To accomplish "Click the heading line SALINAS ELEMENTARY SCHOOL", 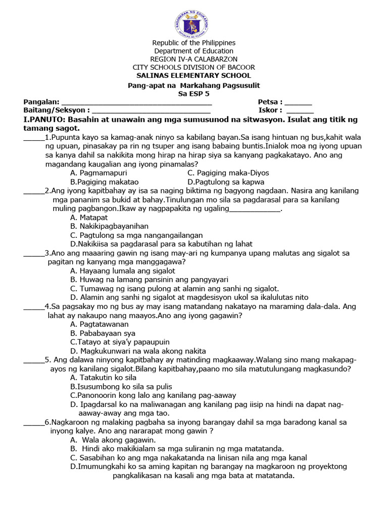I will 193,75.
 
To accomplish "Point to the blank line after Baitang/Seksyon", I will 152,111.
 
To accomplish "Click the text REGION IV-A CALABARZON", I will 193,59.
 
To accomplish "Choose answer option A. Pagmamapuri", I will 99,173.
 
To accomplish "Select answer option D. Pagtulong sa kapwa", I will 225,182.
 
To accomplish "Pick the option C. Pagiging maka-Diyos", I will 228,173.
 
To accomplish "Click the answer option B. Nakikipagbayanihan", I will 110,226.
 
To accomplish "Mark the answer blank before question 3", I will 34,254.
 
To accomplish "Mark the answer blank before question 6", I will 34,423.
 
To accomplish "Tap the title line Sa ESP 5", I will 193,93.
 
